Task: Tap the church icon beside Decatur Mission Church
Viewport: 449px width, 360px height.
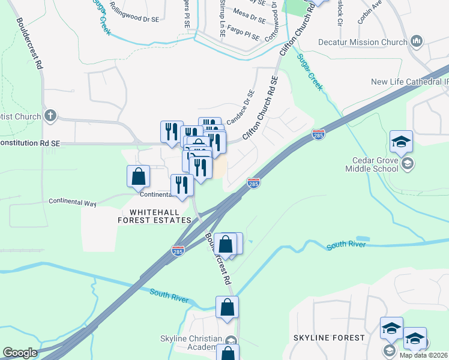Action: tap(417, 41)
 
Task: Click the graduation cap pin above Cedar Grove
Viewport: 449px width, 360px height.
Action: tap(401, 142)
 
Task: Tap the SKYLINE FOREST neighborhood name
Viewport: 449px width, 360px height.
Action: tap(329, 338)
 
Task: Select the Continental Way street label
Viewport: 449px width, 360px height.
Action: tap(72, 202)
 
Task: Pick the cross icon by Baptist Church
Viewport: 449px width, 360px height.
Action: tap(50, 116)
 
